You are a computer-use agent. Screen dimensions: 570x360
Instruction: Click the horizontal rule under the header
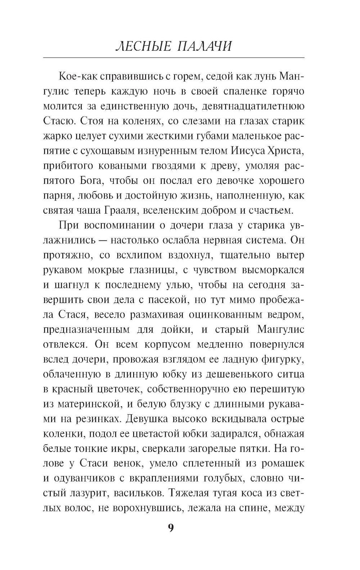pyautogui.click(x=174, y=58)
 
